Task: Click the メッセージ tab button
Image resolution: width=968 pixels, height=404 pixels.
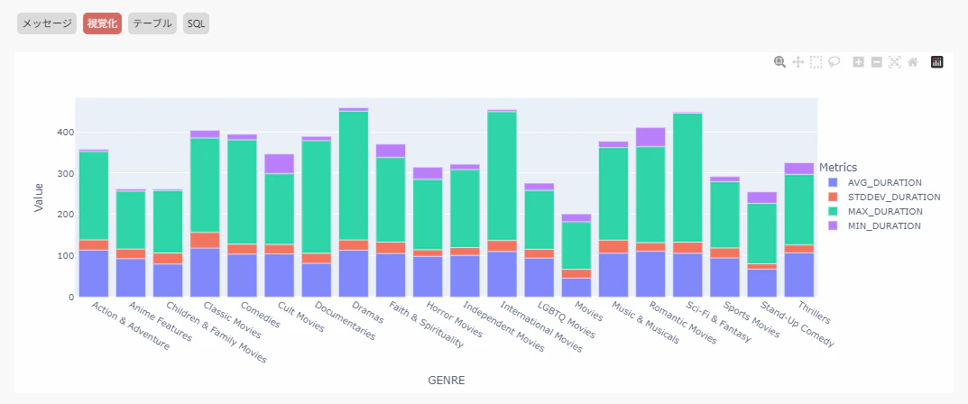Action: click(x=46, y=23)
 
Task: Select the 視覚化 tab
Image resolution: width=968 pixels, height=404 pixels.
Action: click(x=102, y=23)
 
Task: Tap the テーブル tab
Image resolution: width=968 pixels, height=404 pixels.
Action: click(x=152, y=23)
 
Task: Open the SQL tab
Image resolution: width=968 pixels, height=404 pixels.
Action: click(x=197, y=23)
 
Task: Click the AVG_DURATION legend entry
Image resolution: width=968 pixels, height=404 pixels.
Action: click(x=878, y=182)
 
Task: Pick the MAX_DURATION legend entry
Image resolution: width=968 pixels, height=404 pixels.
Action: click(x=879, y=211)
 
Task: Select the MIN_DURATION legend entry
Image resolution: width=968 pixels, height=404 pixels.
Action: click(x=878, y=225)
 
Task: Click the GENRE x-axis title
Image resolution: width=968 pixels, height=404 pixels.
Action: click(x=447, y=381)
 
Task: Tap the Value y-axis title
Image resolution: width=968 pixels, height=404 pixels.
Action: click(x=39, y=196)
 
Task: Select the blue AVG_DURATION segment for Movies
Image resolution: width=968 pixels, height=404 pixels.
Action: click(x=576, y=287)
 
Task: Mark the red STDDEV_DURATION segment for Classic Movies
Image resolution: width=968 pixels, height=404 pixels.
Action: click(x=205, y=240)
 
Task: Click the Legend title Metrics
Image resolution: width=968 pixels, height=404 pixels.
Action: click(x=838, y=167)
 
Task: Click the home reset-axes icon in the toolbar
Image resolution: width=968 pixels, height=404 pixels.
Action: click(x=913, y=62)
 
